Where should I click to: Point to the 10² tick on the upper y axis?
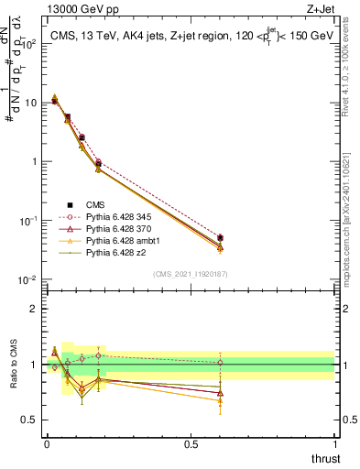pyautogui.click(x=27, y=43)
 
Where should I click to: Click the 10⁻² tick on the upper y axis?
pyautogui.click(x=27, y=279)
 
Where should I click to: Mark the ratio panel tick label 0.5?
pyautogui.click(x=30, y=420)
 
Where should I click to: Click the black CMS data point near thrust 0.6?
pyautogui.click(x=220, y=237)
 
